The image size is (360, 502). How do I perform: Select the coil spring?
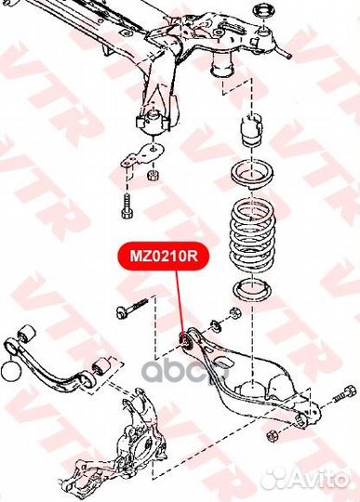coord(253,223)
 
